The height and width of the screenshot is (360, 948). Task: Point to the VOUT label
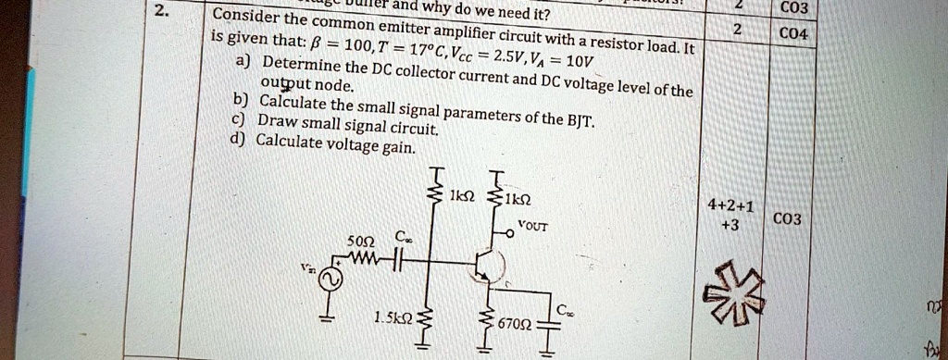tap(533, 225)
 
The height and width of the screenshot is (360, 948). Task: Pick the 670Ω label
tap(515, 325)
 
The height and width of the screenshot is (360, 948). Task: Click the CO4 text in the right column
tap(794, 35)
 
